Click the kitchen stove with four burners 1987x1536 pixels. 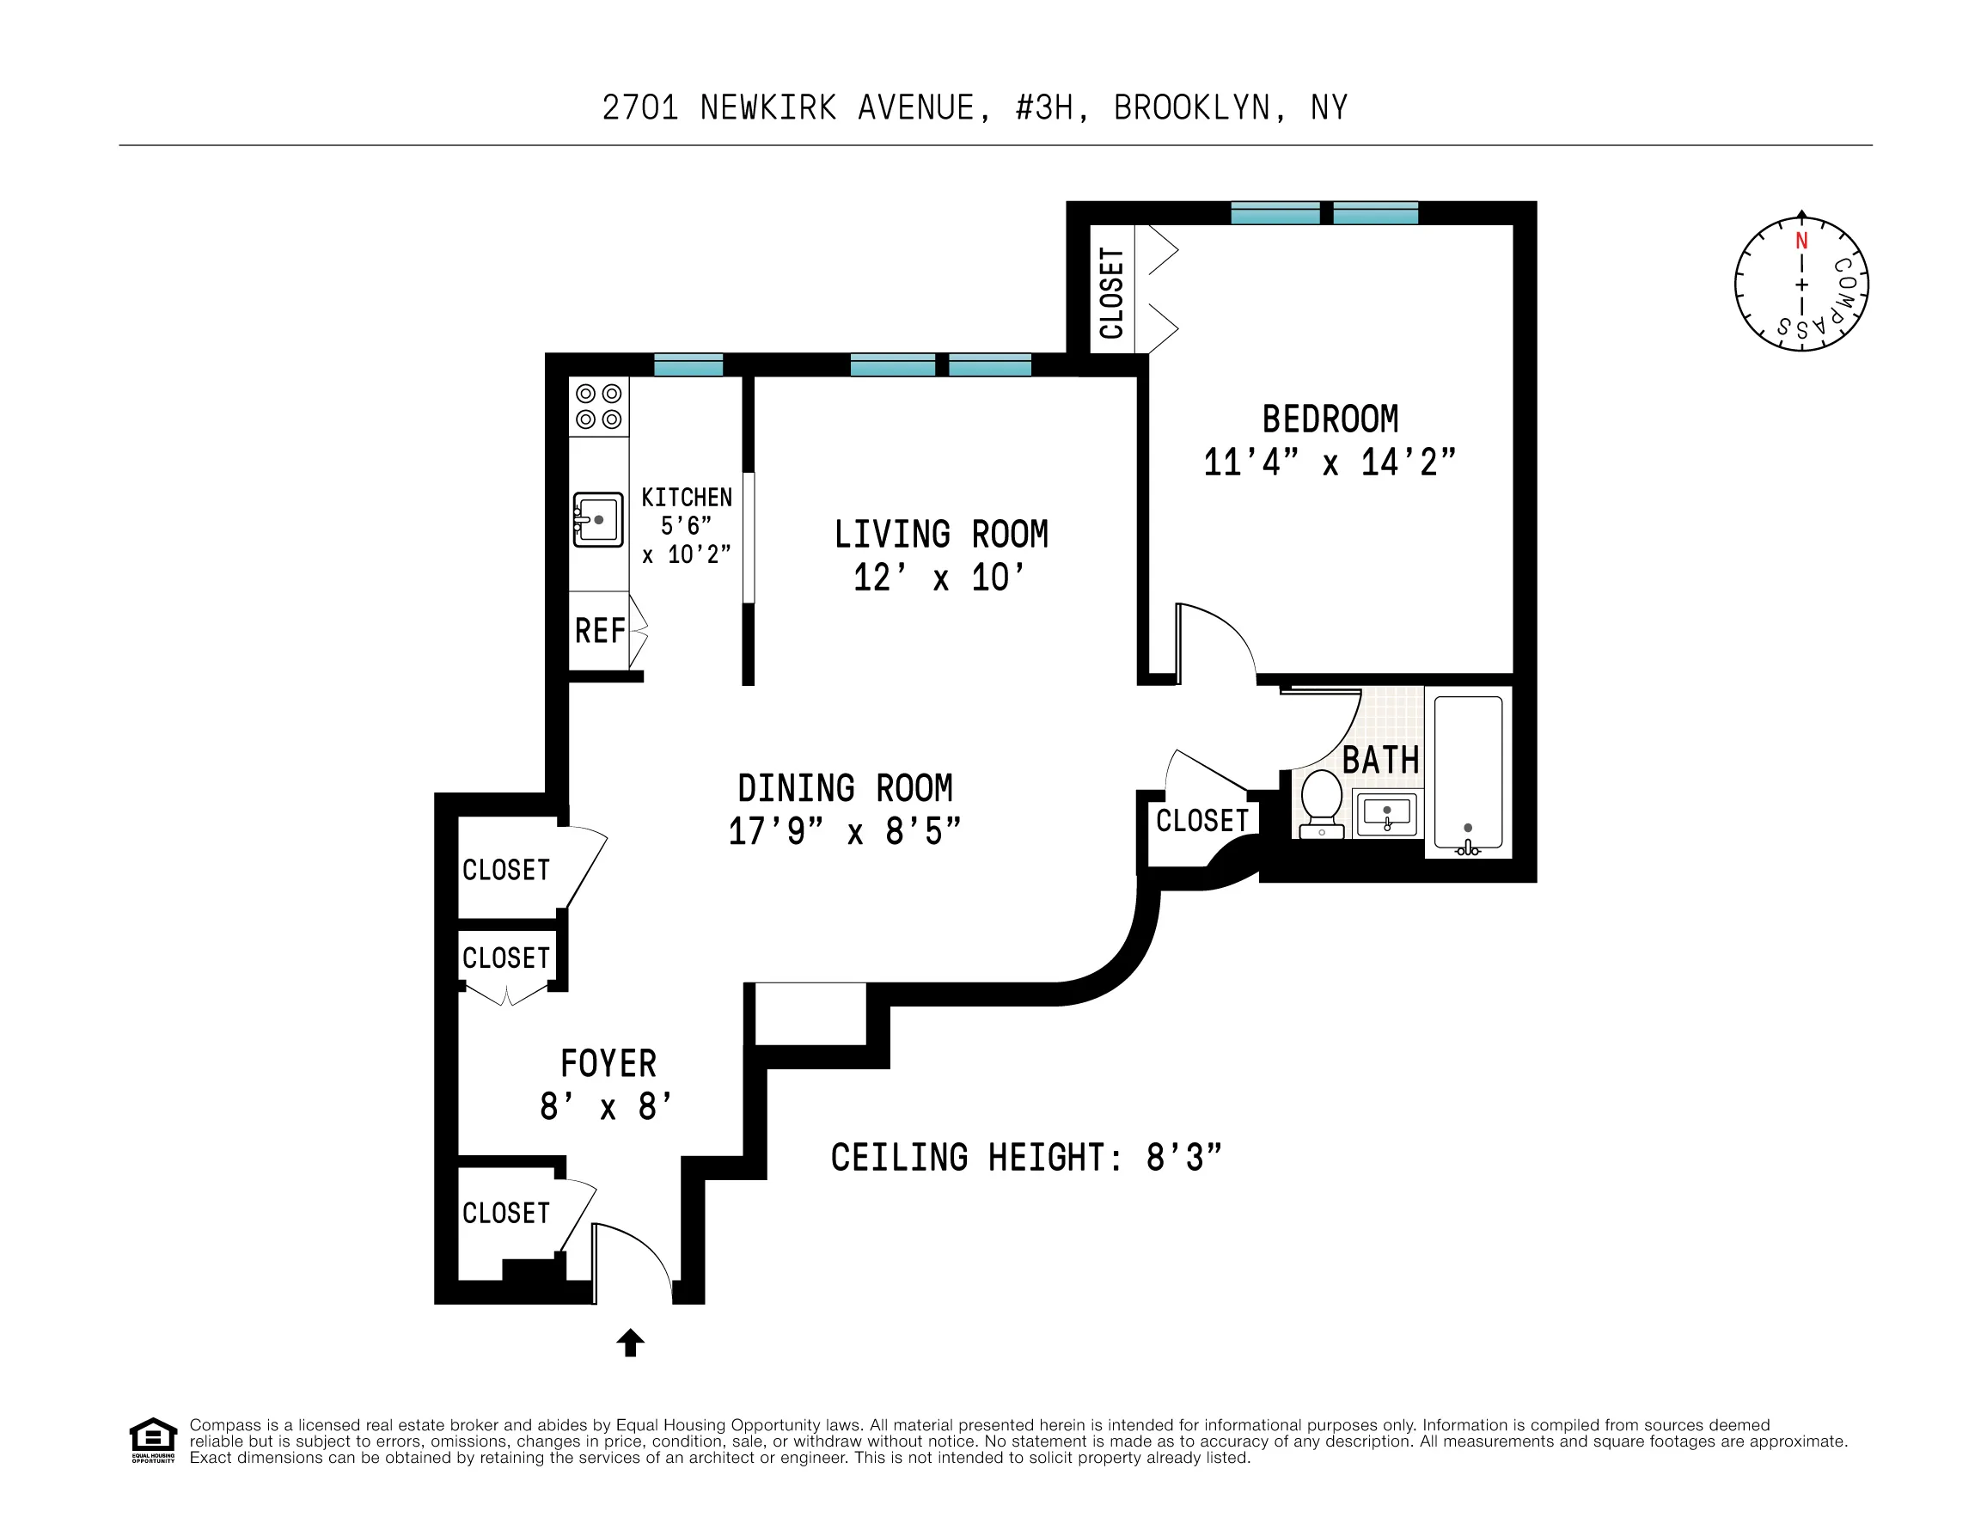599,407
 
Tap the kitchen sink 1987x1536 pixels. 598,519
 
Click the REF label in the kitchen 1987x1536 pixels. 600,631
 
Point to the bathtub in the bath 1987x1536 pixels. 1468,774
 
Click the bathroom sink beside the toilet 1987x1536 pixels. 1386,812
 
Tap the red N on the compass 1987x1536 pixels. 1801,242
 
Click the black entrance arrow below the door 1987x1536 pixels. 631,1343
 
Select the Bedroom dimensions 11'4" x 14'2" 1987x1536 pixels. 1330,463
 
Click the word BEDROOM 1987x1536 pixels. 1330,419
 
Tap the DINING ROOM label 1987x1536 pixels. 845,788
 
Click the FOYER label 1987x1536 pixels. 608,1063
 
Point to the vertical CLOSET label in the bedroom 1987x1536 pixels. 1111,293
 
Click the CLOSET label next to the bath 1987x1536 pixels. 1201,821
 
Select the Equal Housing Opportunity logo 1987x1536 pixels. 153,1440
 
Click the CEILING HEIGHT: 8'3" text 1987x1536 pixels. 1025,1158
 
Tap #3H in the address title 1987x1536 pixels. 1051,108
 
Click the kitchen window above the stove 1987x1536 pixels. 688,366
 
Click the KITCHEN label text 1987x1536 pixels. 686,498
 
